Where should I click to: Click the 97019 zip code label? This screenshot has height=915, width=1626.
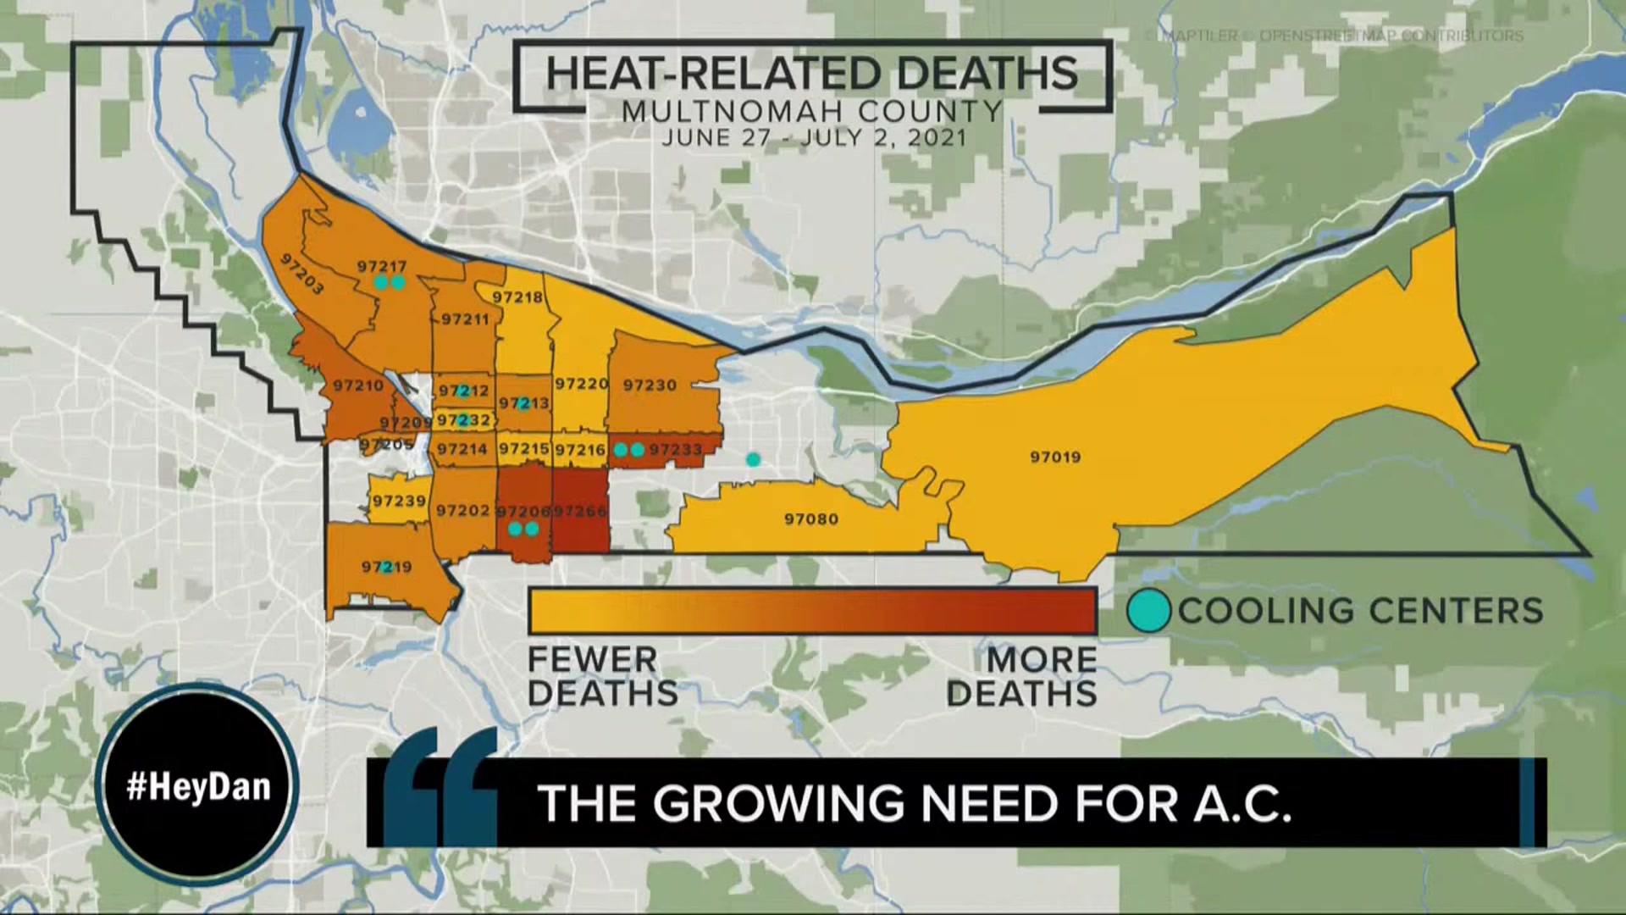point(1055,457)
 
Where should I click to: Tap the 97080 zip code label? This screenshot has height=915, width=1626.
point(810,518)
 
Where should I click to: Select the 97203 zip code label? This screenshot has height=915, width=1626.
point(301,274)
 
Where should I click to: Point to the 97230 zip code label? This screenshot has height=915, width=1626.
point(650,385)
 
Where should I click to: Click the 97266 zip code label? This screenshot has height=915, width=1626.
point(580,511)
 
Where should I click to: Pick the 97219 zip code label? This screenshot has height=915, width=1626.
point(386,567)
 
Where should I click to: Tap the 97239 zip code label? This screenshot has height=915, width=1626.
point(399,502)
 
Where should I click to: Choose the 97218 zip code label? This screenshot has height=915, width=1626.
point(517,297)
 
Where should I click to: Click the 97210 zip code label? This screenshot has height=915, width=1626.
point(358,386)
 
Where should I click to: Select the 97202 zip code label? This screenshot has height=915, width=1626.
point(462,510)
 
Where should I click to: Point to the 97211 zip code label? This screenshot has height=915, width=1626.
point(465,319)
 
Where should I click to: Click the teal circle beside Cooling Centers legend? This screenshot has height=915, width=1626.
point(1148,611)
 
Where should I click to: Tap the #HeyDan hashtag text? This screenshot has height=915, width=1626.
point(198,786)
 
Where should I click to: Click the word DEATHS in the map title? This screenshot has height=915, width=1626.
point(987,75)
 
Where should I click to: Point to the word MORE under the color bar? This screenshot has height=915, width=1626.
point(1042,660)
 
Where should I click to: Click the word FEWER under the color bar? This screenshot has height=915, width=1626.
point(593,660)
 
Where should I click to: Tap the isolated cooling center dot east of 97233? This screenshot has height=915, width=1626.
point(753,460)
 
